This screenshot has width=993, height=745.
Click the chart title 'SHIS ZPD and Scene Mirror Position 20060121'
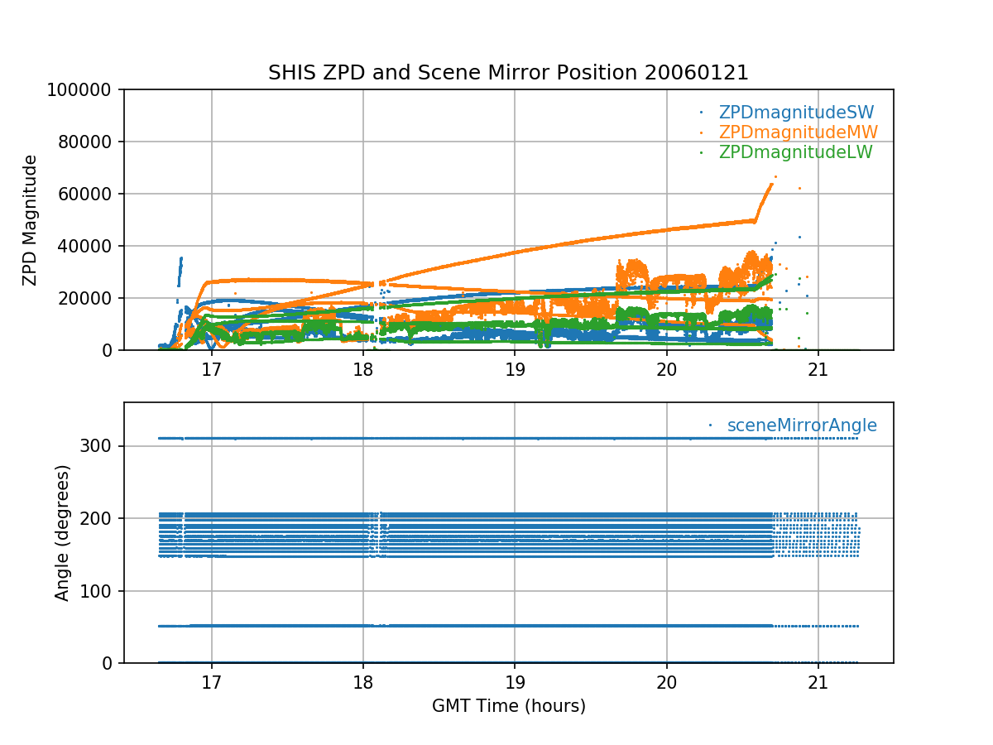point(508,73)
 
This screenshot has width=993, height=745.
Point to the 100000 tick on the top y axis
point(85,90)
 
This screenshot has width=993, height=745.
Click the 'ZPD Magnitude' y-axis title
point(31,220)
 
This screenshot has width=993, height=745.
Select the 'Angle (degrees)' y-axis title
point(63,532)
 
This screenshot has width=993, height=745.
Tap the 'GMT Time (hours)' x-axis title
point(508,706)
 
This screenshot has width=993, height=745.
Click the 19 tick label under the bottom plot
point(515,681)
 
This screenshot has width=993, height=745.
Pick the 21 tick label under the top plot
point(818,368)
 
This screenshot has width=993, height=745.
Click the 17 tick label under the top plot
point(212,368)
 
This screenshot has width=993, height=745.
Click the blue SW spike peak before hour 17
point(181,258)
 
